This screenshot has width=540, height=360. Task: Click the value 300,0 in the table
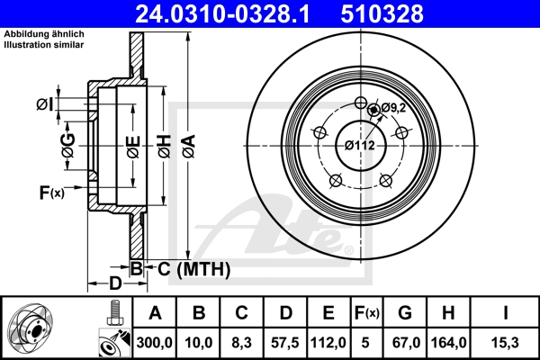[155, 342]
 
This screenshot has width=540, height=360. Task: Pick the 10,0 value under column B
[200, 342]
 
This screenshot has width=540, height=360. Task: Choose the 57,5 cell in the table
[285, 342]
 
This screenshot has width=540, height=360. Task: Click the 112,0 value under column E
[328, 342]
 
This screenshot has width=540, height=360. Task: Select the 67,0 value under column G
[405, 342]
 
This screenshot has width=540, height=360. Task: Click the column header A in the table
[155, 313]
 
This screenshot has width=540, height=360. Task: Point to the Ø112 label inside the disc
[359, 144]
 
